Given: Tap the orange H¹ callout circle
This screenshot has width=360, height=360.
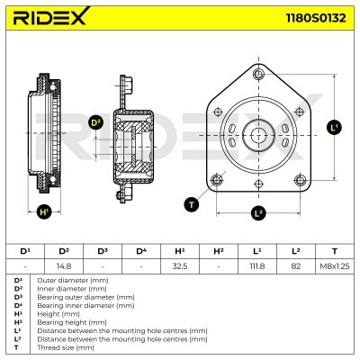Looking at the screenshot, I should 44,213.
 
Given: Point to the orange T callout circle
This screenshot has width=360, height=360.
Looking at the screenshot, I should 191,205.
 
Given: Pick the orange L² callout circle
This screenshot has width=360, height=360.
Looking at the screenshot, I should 258,213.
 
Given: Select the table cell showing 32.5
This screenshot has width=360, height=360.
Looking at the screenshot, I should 180,266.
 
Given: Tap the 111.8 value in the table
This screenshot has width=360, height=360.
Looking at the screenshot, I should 257,266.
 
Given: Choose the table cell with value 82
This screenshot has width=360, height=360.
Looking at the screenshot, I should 296,266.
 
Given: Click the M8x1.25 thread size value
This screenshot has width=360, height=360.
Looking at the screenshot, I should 335,266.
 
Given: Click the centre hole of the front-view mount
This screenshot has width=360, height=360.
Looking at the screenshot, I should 257,136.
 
